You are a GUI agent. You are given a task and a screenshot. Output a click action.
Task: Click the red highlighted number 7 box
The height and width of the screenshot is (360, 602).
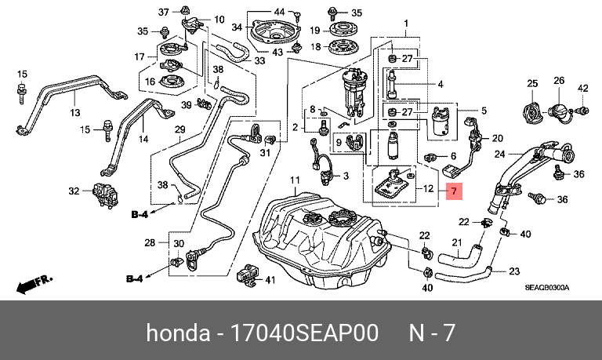[454, 191]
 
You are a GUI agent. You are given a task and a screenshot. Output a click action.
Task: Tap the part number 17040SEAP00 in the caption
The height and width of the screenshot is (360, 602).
[303, 333]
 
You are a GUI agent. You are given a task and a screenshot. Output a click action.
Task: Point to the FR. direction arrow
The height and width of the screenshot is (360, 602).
[34, 285]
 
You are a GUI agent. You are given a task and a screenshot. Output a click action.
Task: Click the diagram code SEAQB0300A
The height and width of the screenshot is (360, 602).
[547, 288]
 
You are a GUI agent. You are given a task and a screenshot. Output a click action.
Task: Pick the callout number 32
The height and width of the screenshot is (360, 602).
[74, 191]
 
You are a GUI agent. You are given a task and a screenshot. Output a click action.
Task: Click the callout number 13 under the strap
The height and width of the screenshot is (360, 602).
[75, 113]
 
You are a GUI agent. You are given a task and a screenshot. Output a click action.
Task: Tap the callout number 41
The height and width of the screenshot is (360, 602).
[270, 280]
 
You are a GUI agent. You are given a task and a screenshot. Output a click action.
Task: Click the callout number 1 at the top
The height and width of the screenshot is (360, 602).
[406, 24]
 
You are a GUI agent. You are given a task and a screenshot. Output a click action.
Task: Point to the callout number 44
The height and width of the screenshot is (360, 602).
[279, 12]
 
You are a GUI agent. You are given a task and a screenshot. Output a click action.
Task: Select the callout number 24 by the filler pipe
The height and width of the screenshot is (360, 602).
[500, 155]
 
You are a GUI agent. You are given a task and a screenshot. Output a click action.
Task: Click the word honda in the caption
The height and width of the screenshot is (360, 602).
[178, 333]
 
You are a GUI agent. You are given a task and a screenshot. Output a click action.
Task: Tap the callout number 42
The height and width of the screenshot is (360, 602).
[583, 88]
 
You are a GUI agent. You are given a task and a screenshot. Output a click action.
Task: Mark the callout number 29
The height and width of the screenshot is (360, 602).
[180, 130]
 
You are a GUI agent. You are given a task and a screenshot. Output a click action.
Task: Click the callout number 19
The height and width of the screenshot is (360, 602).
[315, 30]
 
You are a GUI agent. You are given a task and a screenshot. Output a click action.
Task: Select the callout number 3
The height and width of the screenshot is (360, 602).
[346, 176]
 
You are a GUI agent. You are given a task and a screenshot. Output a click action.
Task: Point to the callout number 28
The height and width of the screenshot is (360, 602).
[150, 242]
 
